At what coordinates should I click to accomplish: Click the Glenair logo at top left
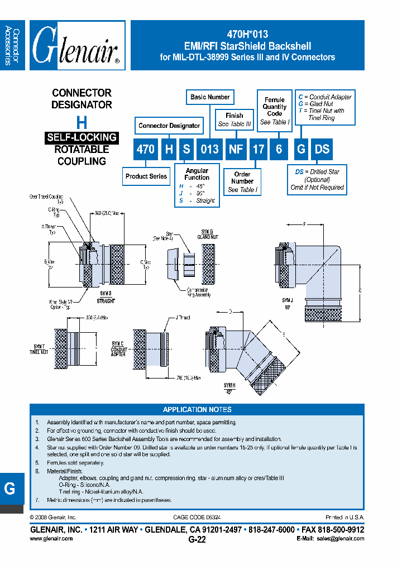[x=76, y=46]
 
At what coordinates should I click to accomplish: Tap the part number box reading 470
[x=146, y=150]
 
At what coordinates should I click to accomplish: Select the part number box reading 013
[x=210, y=150]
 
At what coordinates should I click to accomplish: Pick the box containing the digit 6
[x=279, y=150]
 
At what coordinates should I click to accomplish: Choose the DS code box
[x=322, y=150]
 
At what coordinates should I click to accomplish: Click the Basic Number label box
[x=210, y=97]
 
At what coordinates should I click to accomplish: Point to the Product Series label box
[x=146, y=176]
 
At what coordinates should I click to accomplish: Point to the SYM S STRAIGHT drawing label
[x=106, y=298]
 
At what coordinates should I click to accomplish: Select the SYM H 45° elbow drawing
[x=246, y=357]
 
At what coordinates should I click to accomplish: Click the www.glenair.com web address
[x=51, y=539]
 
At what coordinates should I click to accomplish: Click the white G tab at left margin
[x=10, y=489]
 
